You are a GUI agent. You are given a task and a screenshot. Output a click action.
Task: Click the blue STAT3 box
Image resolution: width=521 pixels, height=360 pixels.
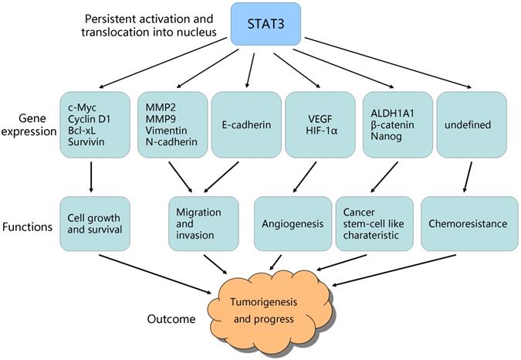click(267, 22)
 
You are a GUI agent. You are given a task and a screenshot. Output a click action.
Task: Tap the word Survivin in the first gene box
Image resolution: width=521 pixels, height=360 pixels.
click(84, 141)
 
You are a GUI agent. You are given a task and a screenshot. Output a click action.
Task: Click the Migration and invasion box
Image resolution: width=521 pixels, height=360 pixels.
click(199, 223)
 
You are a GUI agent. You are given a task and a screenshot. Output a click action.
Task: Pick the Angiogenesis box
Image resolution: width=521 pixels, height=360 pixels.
click(292, 223)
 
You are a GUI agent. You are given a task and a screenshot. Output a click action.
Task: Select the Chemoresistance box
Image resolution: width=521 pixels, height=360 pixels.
click(469, 223)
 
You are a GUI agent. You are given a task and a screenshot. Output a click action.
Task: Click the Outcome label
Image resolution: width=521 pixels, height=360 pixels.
click(172, 318)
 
